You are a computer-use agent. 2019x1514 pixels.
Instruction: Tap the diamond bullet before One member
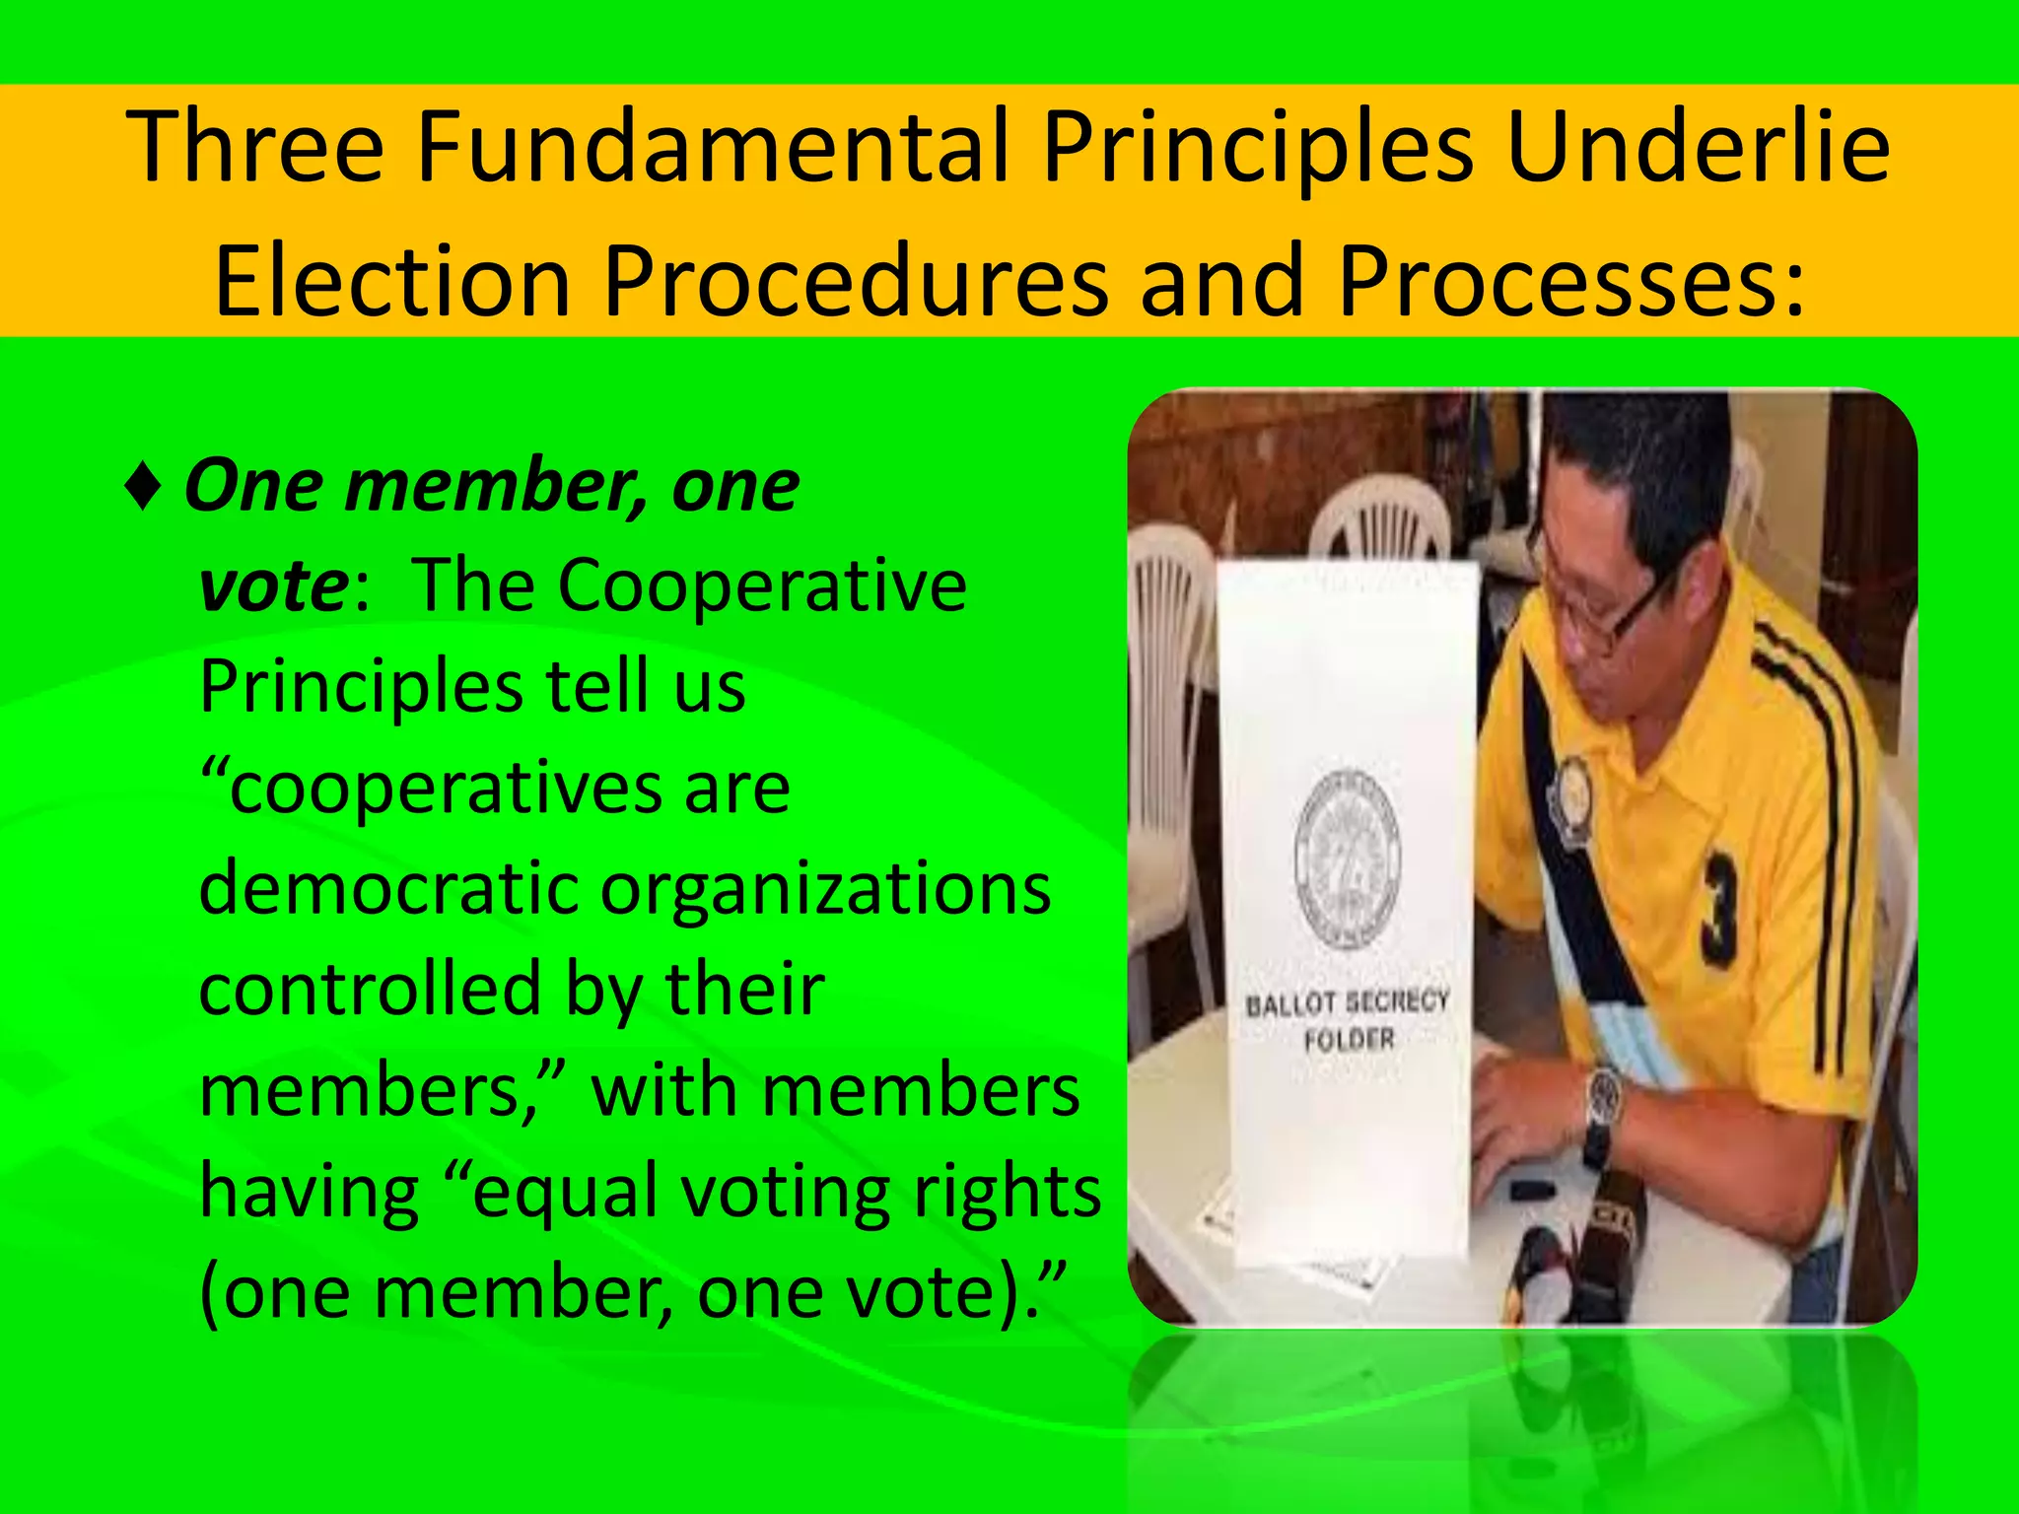click(144, 489)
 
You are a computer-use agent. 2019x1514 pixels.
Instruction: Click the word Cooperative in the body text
click(762, 587)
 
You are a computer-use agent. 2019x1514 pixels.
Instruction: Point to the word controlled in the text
click(371, 990)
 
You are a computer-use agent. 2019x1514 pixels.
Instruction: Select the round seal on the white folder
click(1347, 860)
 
